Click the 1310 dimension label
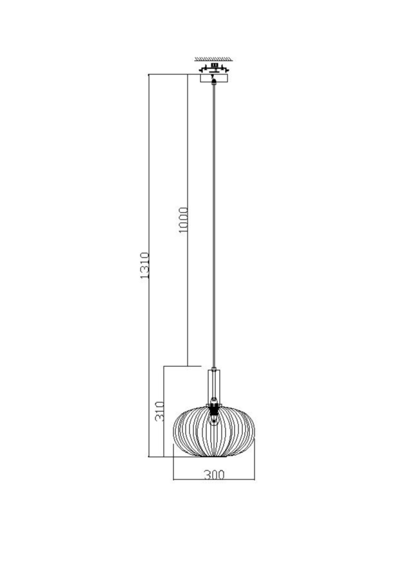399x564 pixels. pos(145,265)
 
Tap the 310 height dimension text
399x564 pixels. pos(160,411)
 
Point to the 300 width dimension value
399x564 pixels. pos(214,475)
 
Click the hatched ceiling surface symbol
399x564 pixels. pos(214,59)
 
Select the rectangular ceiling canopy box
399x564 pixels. pos(214,78)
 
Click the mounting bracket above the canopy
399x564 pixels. pos(214,68)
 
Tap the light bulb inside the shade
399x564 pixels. pos(214,419)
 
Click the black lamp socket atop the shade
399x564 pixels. pos(214,406)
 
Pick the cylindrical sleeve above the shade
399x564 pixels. pos(214,385)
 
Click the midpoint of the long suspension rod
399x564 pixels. pos(214,226)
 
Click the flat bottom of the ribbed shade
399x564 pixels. pos(214,456)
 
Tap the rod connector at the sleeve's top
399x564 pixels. pos(214,369)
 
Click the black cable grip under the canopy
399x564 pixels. pos(214,81)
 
